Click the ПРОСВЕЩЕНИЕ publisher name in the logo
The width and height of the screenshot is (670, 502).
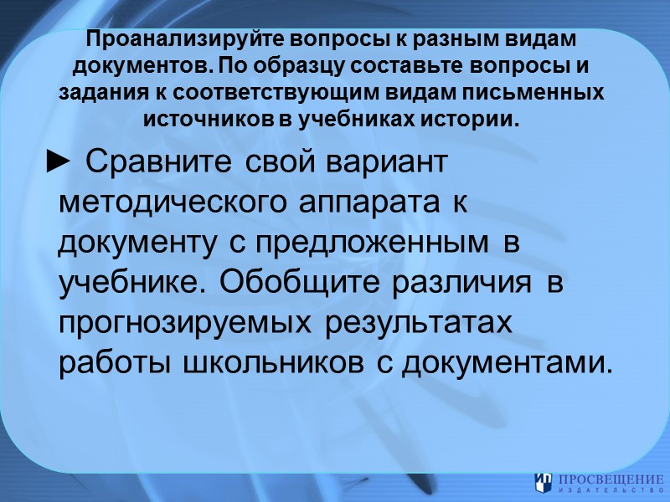(x=611, y=479)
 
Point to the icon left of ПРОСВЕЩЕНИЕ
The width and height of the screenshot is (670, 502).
(x=543, y=483)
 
